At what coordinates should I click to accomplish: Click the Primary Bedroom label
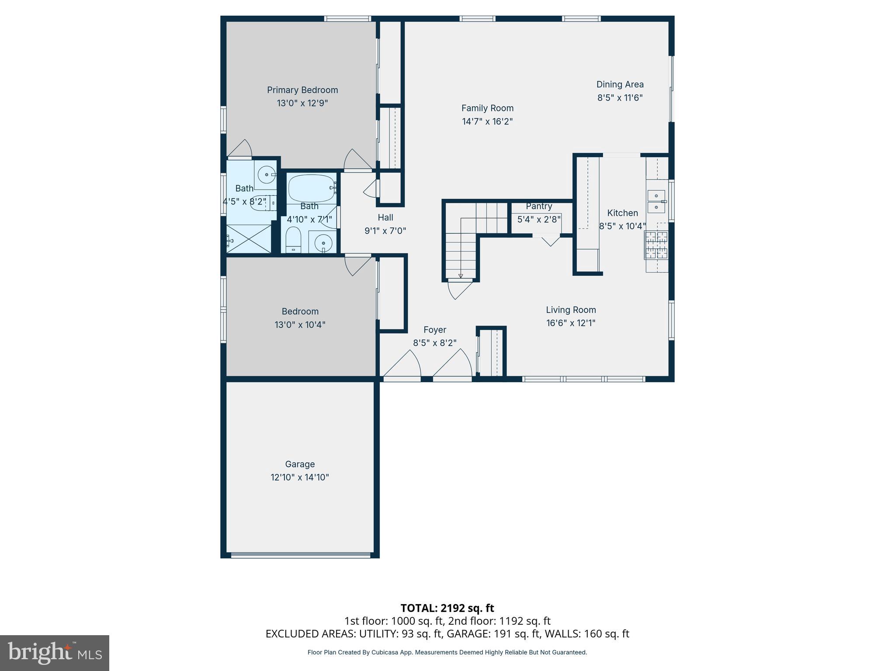[x=302, y=90]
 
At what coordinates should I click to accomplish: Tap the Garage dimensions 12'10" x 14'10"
[x=300, y=477]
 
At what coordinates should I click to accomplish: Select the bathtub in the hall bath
[x=311, y=188]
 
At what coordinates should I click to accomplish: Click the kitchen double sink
[x=656, y=201]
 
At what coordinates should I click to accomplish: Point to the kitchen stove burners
[x=656, y=245]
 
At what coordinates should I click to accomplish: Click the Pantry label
[x=539, y=206]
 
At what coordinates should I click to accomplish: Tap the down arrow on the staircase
[x=461, y=275]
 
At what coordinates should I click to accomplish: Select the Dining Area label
[x=620, y=84]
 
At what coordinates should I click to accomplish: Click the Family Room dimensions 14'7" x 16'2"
[x=487, y=121]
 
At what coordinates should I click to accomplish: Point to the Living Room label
[x=571, y=310]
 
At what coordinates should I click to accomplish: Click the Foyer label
[x=434, y=330]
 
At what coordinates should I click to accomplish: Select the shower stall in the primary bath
[x=249, y=239]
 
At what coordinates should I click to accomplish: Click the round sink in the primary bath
[x=266, y=175]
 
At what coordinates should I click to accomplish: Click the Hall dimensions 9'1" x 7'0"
[x=385, y=231]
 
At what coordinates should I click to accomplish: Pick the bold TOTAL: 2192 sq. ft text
[x=447, y=608]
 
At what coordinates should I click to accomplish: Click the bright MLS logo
[x=55, y=653]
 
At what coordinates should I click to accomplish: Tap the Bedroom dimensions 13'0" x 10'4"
[x=300, y=325]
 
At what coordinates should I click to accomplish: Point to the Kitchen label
[x=622, y=213]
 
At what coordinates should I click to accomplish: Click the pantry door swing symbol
[x=550, y=240]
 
